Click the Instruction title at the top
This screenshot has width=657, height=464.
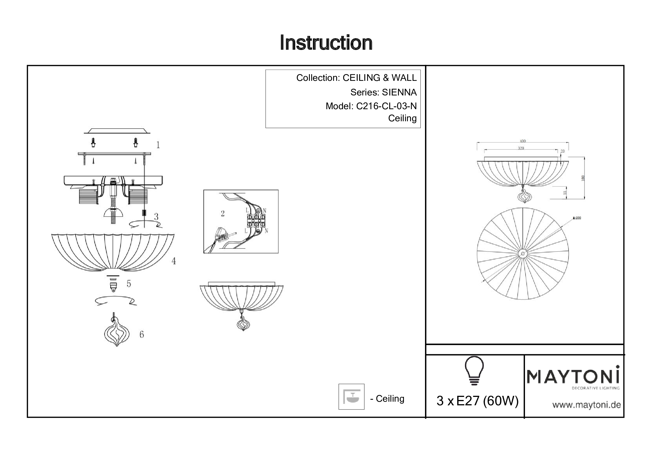326,43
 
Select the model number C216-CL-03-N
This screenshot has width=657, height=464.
386,106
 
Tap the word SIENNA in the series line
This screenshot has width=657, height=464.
399,92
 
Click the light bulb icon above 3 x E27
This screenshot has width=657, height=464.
474,371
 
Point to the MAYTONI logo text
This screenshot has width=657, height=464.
573,376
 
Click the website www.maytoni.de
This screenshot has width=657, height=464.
586,405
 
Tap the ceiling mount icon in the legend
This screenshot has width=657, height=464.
351,397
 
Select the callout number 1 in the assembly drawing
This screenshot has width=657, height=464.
158,145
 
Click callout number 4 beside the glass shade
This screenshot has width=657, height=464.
173,261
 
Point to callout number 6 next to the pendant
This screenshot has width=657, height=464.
142,334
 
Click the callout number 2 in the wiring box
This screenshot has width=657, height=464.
223,213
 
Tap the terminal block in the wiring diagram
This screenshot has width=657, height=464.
256,221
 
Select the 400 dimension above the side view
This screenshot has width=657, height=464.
522,141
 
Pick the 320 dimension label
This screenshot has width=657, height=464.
521,148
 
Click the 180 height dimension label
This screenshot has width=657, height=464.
583,178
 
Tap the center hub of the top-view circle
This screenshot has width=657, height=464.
523,253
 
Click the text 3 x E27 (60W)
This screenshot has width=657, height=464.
477,401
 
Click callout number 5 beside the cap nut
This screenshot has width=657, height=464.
129,284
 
